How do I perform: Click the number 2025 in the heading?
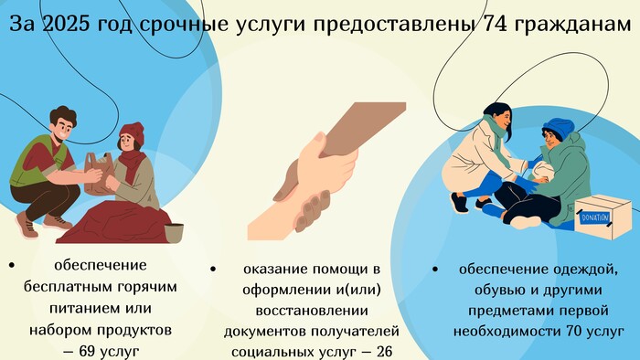click(66, 25)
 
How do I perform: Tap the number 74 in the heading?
click(495, 25)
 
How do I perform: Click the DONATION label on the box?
click(594, 217)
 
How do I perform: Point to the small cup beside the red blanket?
click(174, 232)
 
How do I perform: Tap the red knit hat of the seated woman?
click(132, 133)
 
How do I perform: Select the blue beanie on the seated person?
click(559, 128)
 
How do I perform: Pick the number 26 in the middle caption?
click(384, 352)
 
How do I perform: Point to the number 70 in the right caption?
click(574, 331)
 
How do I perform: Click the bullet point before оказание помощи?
click(213, 269)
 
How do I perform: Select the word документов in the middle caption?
click(265, 332)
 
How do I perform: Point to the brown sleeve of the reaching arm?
click(359, 127)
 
